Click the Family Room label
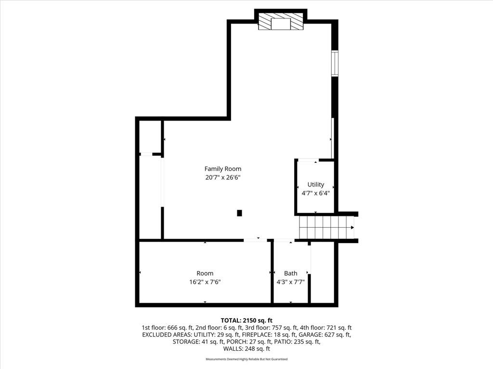click(x=223, y=169)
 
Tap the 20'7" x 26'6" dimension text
click(x=223, y=177)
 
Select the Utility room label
click(x=316, y=184)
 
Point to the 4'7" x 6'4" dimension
click(x=316, y=193)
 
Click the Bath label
click(x=290, y=273)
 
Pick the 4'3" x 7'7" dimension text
click(x=290, y=282)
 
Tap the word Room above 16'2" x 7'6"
click(x=205, y=273)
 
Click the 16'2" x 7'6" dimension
click(x=205, y=282)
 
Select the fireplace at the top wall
click(x=281, y=21)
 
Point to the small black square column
click(x=239, y=213)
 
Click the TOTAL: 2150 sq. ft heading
click(x=246, y=320)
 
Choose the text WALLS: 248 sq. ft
click(x=246, y=349)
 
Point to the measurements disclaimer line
click(x=246, y=359)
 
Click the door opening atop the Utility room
click(x=308, y=160)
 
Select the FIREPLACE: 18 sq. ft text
click(x=270, y=334)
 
